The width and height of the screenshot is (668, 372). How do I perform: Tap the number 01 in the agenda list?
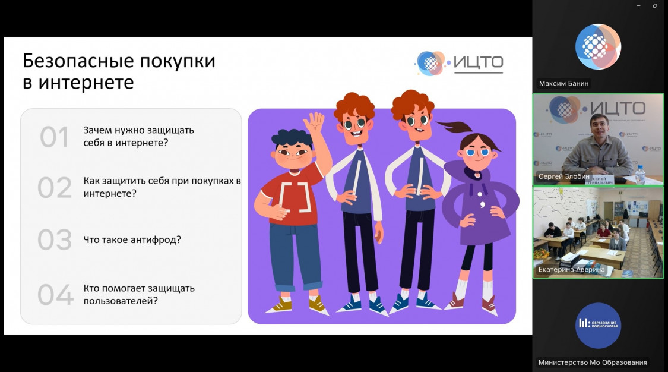coord(54,137)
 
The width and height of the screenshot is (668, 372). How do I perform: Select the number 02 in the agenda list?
coord(55,188)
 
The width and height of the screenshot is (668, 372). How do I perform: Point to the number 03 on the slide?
coord(55,239)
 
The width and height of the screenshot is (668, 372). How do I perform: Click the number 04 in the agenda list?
coord(55,294)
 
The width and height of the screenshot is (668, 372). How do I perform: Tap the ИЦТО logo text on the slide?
coord(478,62)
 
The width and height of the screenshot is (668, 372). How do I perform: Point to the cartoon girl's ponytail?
coord(454,126)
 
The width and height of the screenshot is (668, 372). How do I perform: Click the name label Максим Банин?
coord(563,84)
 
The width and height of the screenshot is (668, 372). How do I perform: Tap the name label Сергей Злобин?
coord(564,176)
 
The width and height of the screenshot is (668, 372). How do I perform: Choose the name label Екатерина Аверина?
coord(571,269)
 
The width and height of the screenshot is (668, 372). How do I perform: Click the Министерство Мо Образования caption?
coord(593,362)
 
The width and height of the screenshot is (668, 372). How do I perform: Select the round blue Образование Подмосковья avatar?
coord(598,326)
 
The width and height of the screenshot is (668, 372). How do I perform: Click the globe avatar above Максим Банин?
coord(598,46)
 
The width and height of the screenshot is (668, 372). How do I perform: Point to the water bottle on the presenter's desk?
coord(640,175)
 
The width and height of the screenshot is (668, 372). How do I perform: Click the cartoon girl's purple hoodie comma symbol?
coord(483,205)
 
